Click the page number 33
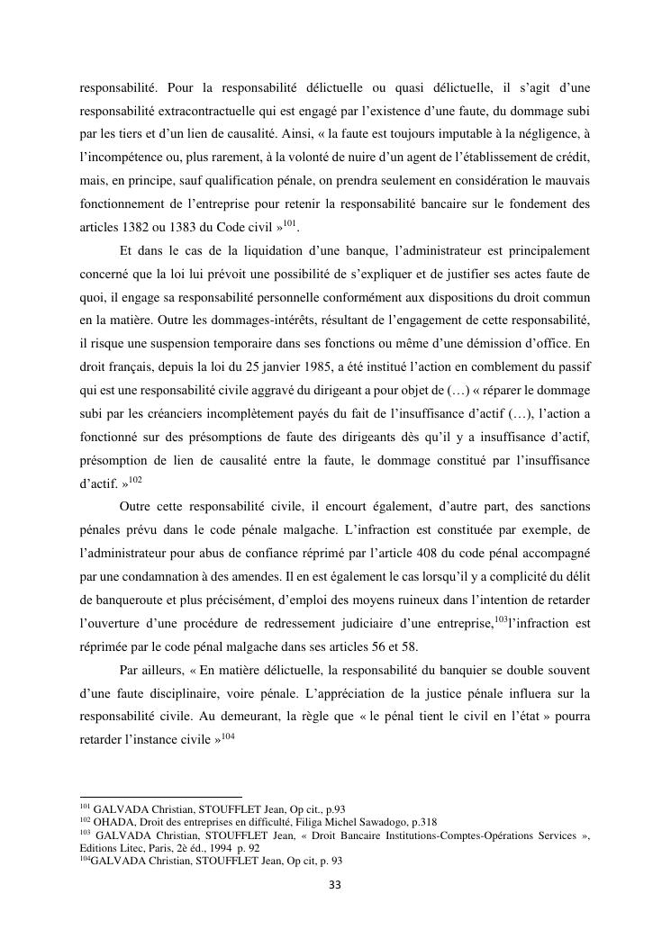click(x=335, y=884)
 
